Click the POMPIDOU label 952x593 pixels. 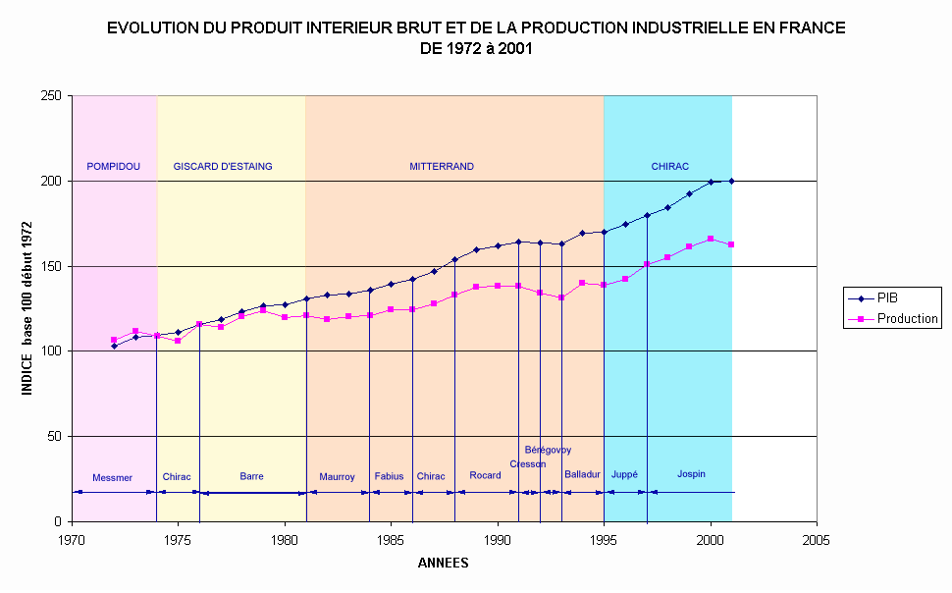tap(113, 167)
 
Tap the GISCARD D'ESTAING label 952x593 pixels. tap(223, 167)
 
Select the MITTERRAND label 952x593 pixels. tap(442, 167)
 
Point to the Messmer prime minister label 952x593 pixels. tap(112, 478)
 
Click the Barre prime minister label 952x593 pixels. tap(251, 477)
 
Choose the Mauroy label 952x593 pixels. tap(337, 477)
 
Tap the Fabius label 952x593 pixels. tap(389, 477)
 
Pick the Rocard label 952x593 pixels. tap(485, 476)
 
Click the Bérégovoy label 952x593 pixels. tap(548, 451)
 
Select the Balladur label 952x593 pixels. tap(582, 475)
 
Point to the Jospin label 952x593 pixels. tap(691, 474)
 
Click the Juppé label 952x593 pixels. tap(624, 475)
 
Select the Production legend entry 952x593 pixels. tap(907, 319)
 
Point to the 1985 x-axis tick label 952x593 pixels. tap(391, 540)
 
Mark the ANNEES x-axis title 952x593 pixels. tap(444, 564)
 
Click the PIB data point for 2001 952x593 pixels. tap(732, 181)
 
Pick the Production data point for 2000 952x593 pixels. tap(711, 239)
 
